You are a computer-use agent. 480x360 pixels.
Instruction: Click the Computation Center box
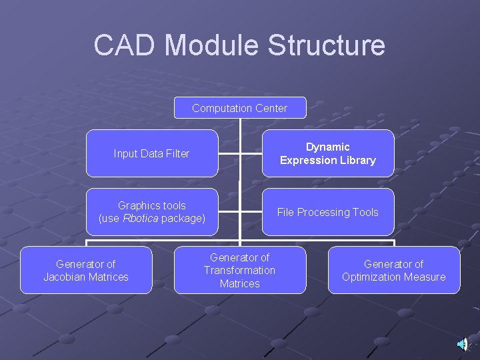tap(240, 108)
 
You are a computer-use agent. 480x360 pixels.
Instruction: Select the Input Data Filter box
tap(152, 153)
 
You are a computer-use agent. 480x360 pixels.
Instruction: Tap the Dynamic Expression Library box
tap(327, 153)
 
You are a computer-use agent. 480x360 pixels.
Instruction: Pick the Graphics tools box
tap(152, 212)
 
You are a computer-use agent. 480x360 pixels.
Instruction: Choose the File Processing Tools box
tap(327, 212)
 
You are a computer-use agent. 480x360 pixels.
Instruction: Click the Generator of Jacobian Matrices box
tap(86, 270)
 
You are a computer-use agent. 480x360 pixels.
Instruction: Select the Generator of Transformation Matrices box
tap(240, 270)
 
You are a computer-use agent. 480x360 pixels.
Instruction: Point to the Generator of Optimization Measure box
tap(393, 270)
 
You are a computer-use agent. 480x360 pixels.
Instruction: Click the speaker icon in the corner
tap(462, 343)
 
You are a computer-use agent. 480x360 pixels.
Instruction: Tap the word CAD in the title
tap(125, 45)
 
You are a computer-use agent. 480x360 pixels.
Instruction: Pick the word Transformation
tap(239, 270)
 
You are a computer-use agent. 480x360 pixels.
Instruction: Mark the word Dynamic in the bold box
tap(327, 147)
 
